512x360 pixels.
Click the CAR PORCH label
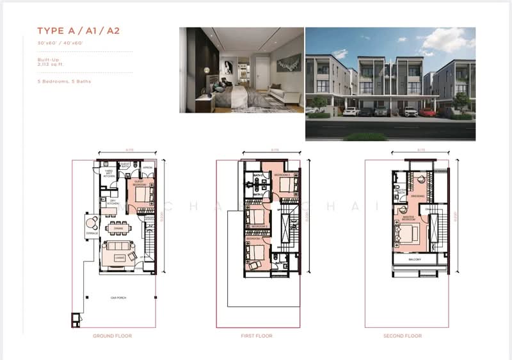(x=116, y=298)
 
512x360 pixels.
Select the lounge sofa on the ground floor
(x=117, y=246)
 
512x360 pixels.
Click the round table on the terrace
(x=92, y=223)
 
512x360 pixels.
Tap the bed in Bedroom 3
(x=286, y=186)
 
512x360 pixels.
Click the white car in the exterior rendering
(x=351, y=111)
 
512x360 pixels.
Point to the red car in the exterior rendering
(x=428, y=113)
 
